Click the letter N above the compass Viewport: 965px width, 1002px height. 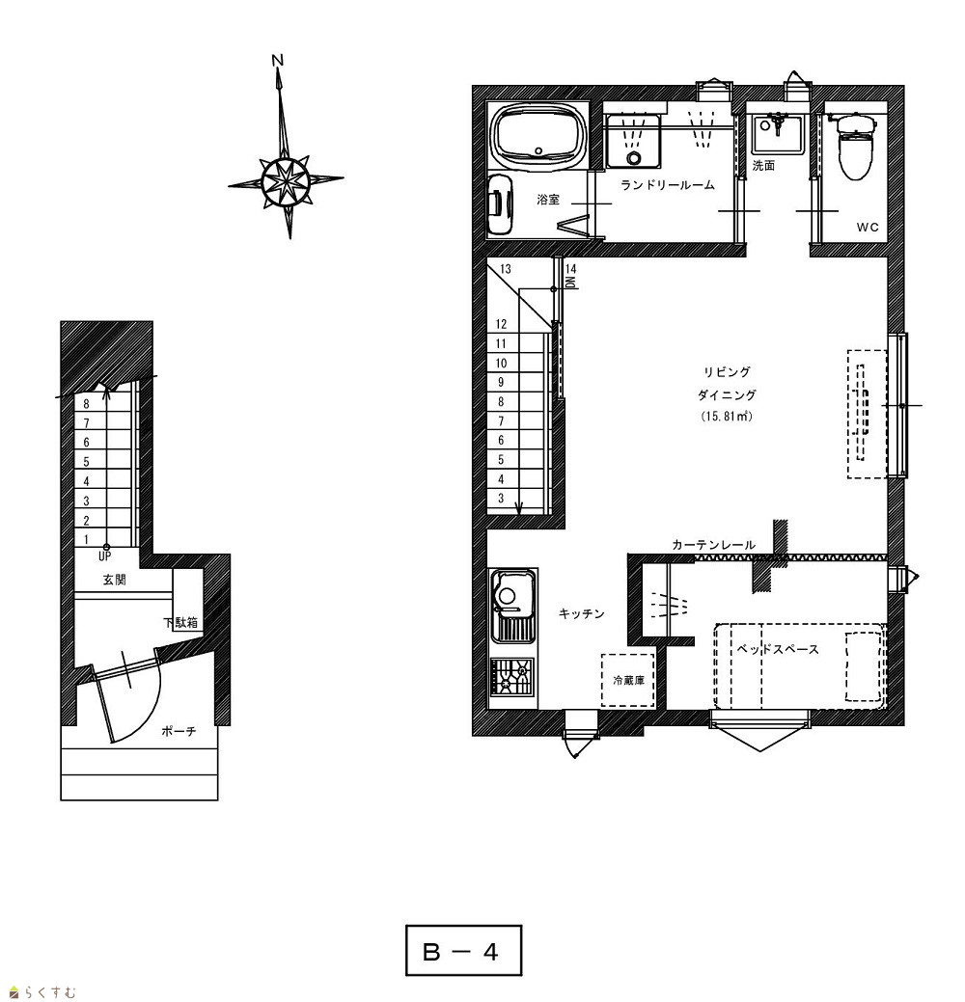277,60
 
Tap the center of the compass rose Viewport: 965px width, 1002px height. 286,181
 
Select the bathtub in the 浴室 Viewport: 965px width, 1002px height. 539,138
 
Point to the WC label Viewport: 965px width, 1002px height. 868,227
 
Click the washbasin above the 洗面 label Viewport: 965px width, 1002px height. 777,134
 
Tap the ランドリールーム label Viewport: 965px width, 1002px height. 667,185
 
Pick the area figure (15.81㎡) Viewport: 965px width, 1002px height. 727,416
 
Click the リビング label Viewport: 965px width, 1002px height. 727,372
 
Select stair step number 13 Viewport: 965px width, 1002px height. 506,269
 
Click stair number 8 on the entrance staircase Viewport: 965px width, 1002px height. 86,404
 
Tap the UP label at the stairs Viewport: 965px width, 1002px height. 105,556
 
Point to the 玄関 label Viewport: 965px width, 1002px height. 115,580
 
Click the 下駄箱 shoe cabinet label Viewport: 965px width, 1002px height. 180,622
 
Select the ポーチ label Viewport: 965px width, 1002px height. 179,731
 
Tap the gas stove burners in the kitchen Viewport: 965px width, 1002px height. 511,677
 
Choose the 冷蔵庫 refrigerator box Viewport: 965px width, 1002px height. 628,680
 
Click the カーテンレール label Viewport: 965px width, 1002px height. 714,545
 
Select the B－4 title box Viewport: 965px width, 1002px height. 463,950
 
